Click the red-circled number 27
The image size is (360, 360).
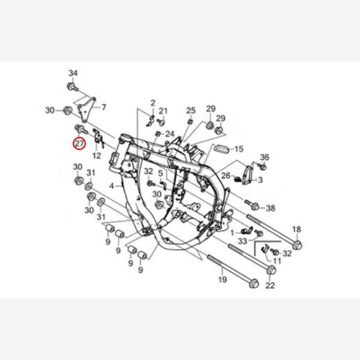pos(79,144)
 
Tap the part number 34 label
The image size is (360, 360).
pos(73,73)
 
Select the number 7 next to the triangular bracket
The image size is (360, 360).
pos(104,107)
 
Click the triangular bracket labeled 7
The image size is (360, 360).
pos(86,110)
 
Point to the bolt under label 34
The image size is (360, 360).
pos(73,87)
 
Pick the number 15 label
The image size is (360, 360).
pos(239,149)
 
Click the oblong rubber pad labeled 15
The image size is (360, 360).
pos(221,149)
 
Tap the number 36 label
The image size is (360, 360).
pos(264,157)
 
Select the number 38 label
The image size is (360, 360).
pos(270,208)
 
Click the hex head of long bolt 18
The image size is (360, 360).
pos(298,245)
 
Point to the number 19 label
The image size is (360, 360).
pos(222,280)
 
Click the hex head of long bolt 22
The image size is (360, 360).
pos(271,270)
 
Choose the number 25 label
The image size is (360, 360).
pos(191,110)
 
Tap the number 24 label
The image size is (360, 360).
pos(170,134)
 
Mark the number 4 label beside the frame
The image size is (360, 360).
pos(112,186)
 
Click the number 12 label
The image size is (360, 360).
pos(97,156)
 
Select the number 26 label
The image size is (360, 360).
pos(226,176)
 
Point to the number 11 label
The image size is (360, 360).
pos(277,261)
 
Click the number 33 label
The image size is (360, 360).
pos(242,241)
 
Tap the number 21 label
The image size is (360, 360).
pos(163,111)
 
